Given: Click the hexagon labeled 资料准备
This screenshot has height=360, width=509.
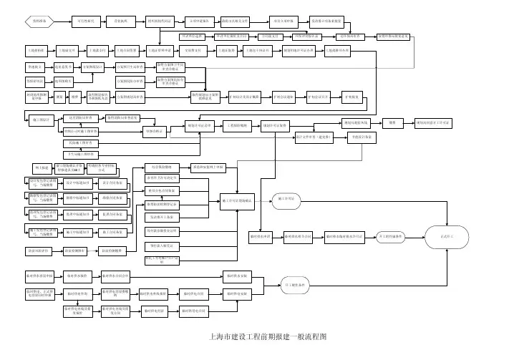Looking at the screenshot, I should (x=37, y=21).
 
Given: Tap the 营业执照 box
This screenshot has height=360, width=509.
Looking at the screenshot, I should (x=122, y=21).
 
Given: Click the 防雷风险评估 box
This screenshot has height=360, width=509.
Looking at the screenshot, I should (x=37, y=251).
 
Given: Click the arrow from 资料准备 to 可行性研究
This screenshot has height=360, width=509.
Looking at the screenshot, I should (x=62, y=21).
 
